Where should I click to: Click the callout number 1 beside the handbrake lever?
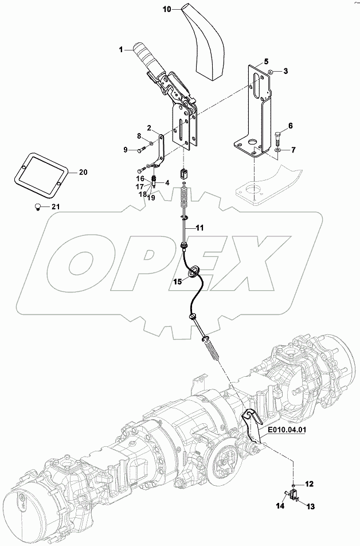[x=122, y=50]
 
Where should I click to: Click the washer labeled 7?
[x=277, y=150]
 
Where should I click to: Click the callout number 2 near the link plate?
[x=148, y=127]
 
